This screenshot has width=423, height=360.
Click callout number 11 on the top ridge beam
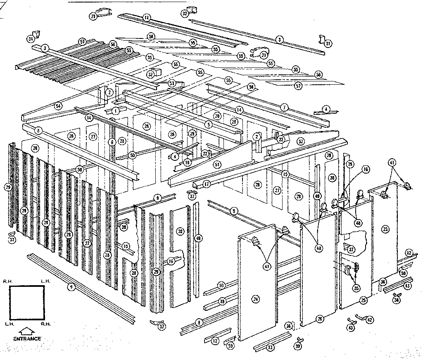pyautogui.click(x=147, y=17)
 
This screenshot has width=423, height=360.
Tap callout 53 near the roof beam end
pyautogui.click(x=172, y=83)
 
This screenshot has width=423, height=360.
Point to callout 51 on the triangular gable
pyautogui.click(x=217, y=164)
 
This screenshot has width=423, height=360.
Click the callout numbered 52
pyautogui.click(x=301, y=141)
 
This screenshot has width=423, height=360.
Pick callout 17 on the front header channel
pyautogui.click(x=207, y=184)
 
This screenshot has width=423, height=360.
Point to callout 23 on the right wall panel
pyautogui.click(x=386, y=228)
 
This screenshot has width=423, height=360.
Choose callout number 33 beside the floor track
pyautogui.click(x=270, y=348)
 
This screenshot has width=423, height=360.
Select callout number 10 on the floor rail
pyautogui.click(x=221, y=285)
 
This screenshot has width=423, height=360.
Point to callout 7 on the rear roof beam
pyautogui.click(x=284, y=107)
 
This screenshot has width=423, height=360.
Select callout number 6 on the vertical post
pyautogui.click(x=112, y=142)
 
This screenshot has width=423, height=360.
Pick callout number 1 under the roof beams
pyautogui.click(x=116, y=111)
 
